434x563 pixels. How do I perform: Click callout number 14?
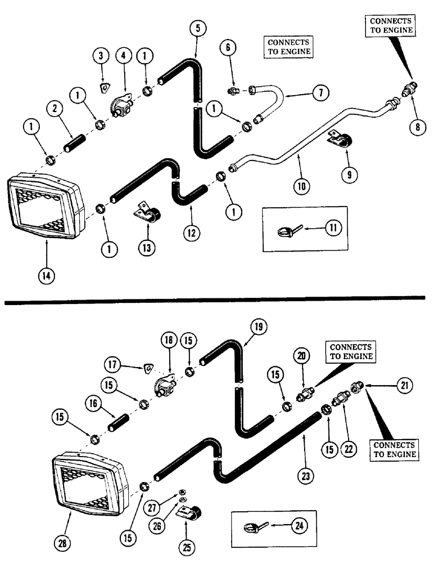pos(47,276)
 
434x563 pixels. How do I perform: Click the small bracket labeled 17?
pos(147,368)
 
